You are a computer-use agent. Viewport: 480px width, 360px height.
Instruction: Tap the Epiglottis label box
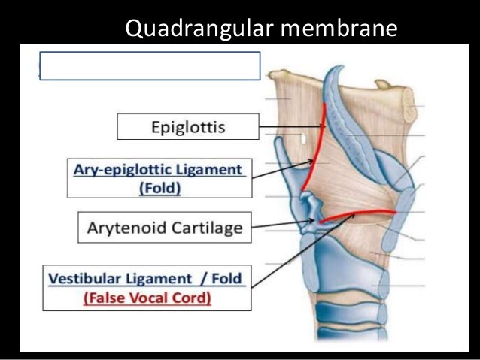tap(188, 126)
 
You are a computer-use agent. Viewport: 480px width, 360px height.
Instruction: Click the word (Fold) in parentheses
tap(159, 188)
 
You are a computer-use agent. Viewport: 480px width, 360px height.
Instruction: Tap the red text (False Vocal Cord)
tap(147, 297)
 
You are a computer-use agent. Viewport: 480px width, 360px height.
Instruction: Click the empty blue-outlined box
tap(150, 65)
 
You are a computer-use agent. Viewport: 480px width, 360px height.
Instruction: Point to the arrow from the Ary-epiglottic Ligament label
tap(282, 169)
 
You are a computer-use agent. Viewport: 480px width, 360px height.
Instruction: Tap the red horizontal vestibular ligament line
tap(357, 216)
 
